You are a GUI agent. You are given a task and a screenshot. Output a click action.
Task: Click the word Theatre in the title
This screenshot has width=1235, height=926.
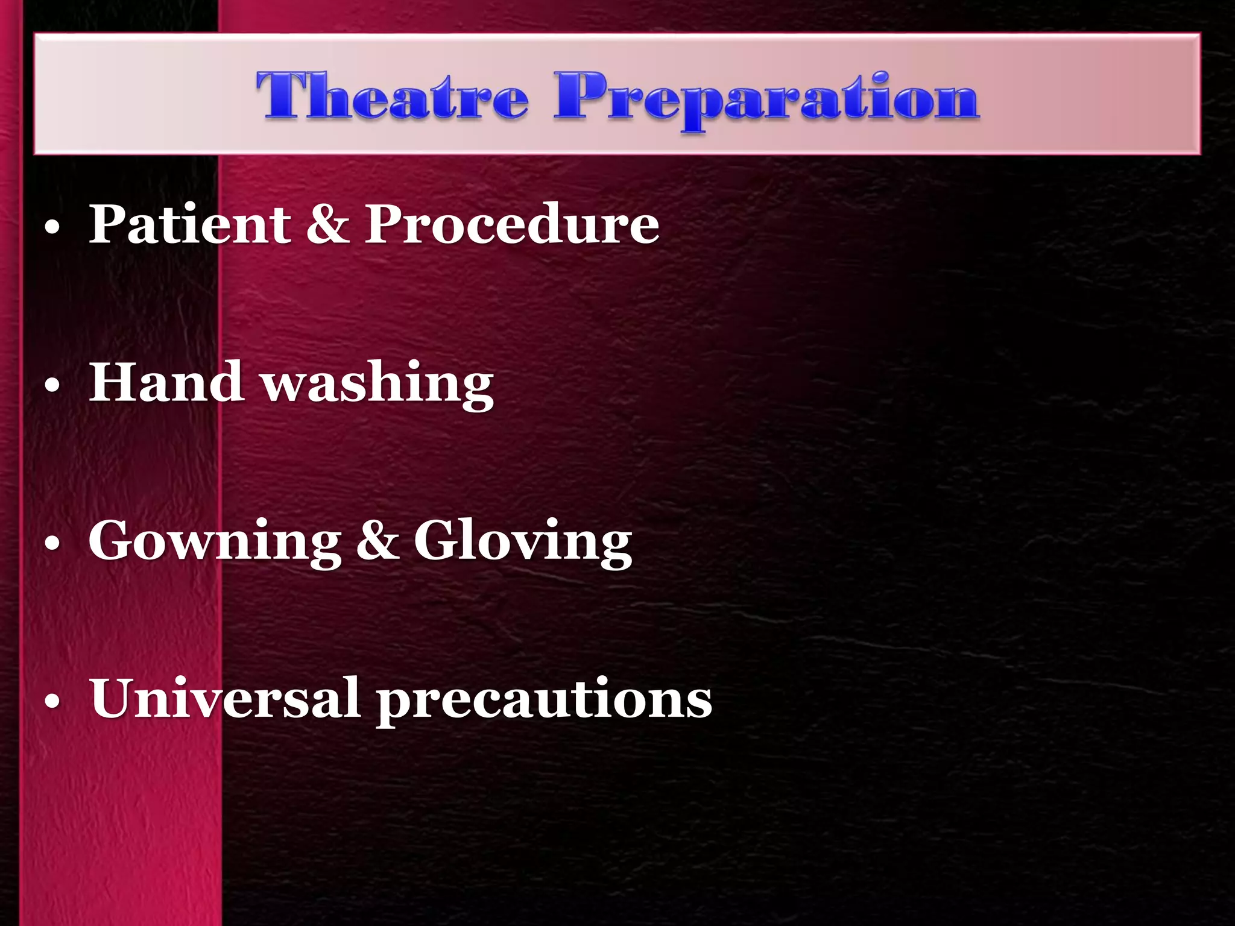coord(392,96)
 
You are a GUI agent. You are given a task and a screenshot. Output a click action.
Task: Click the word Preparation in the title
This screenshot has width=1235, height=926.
coord(766,98)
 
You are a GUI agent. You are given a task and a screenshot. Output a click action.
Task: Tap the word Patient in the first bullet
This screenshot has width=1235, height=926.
coord(190,224)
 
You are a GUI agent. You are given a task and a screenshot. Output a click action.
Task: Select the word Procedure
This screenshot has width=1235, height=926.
coord(511,224)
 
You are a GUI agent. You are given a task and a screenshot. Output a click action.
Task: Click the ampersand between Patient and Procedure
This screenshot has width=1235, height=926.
coord(327,224)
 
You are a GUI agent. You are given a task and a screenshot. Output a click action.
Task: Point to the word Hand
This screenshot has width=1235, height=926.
coord(166,382)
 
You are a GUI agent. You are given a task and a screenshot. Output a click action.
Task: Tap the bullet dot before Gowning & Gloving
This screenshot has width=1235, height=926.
coord(52,544)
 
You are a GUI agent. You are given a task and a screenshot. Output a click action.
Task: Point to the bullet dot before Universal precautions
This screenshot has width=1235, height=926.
coord(52,703)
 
